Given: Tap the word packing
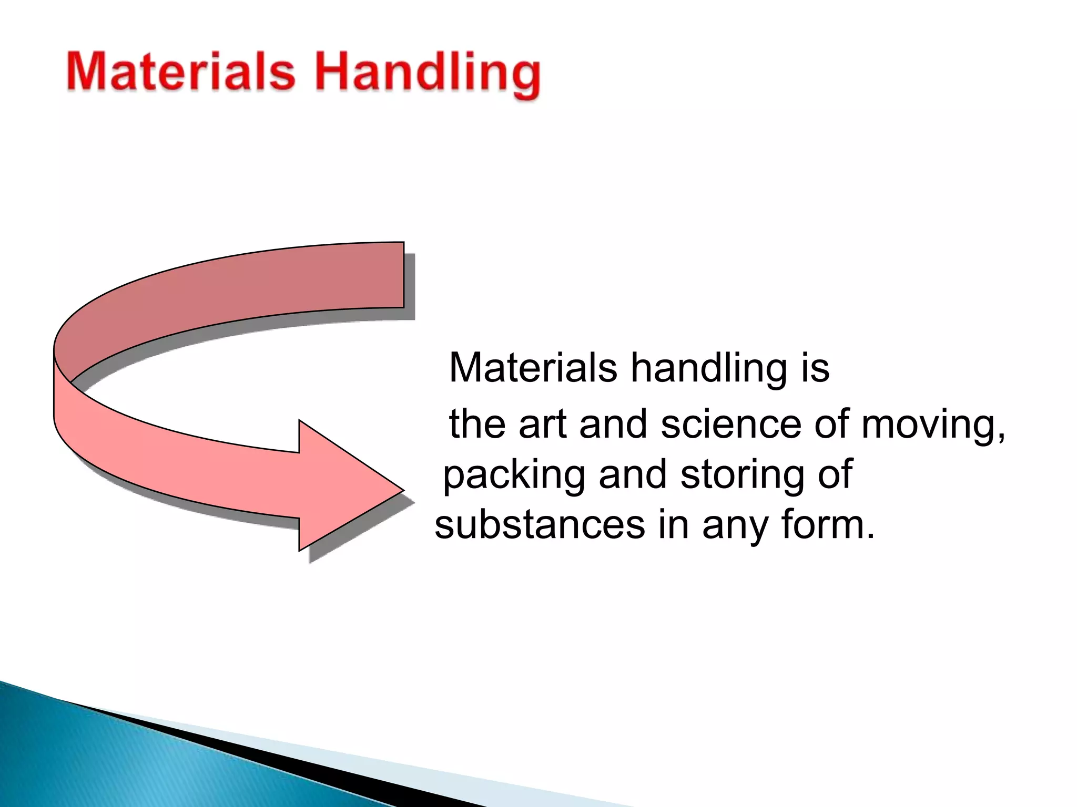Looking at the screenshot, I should click(x=514, y=475).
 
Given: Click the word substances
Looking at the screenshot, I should click(x=540, y=525).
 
